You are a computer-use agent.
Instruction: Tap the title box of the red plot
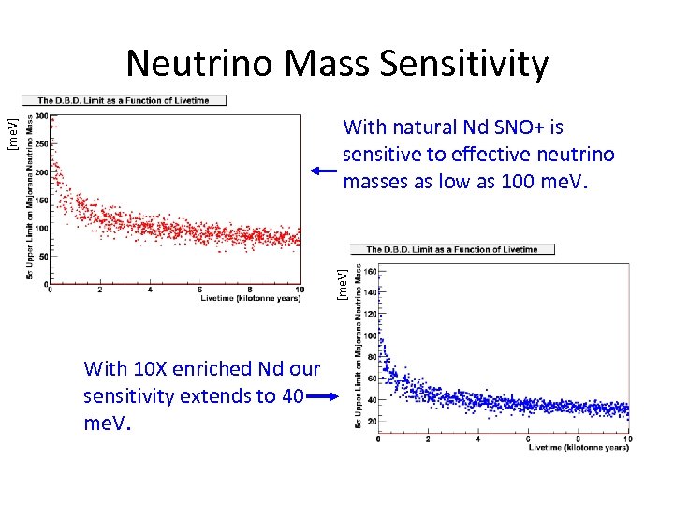pos(123,99)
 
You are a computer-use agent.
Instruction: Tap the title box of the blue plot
pos(451,249)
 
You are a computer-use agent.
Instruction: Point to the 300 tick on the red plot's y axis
pos(42,119)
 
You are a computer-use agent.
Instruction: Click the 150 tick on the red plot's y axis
pos(42,201)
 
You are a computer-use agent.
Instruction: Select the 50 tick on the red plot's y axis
pos(43,255)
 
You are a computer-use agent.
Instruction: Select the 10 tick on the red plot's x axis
pos(299,290)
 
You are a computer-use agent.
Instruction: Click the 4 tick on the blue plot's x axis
pos(477,439)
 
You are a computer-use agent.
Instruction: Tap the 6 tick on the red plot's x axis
pos(200,290)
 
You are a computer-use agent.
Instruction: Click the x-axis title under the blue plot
pos(579,448)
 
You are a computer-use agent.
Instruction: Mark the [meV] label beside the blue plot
pos(343,283)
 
